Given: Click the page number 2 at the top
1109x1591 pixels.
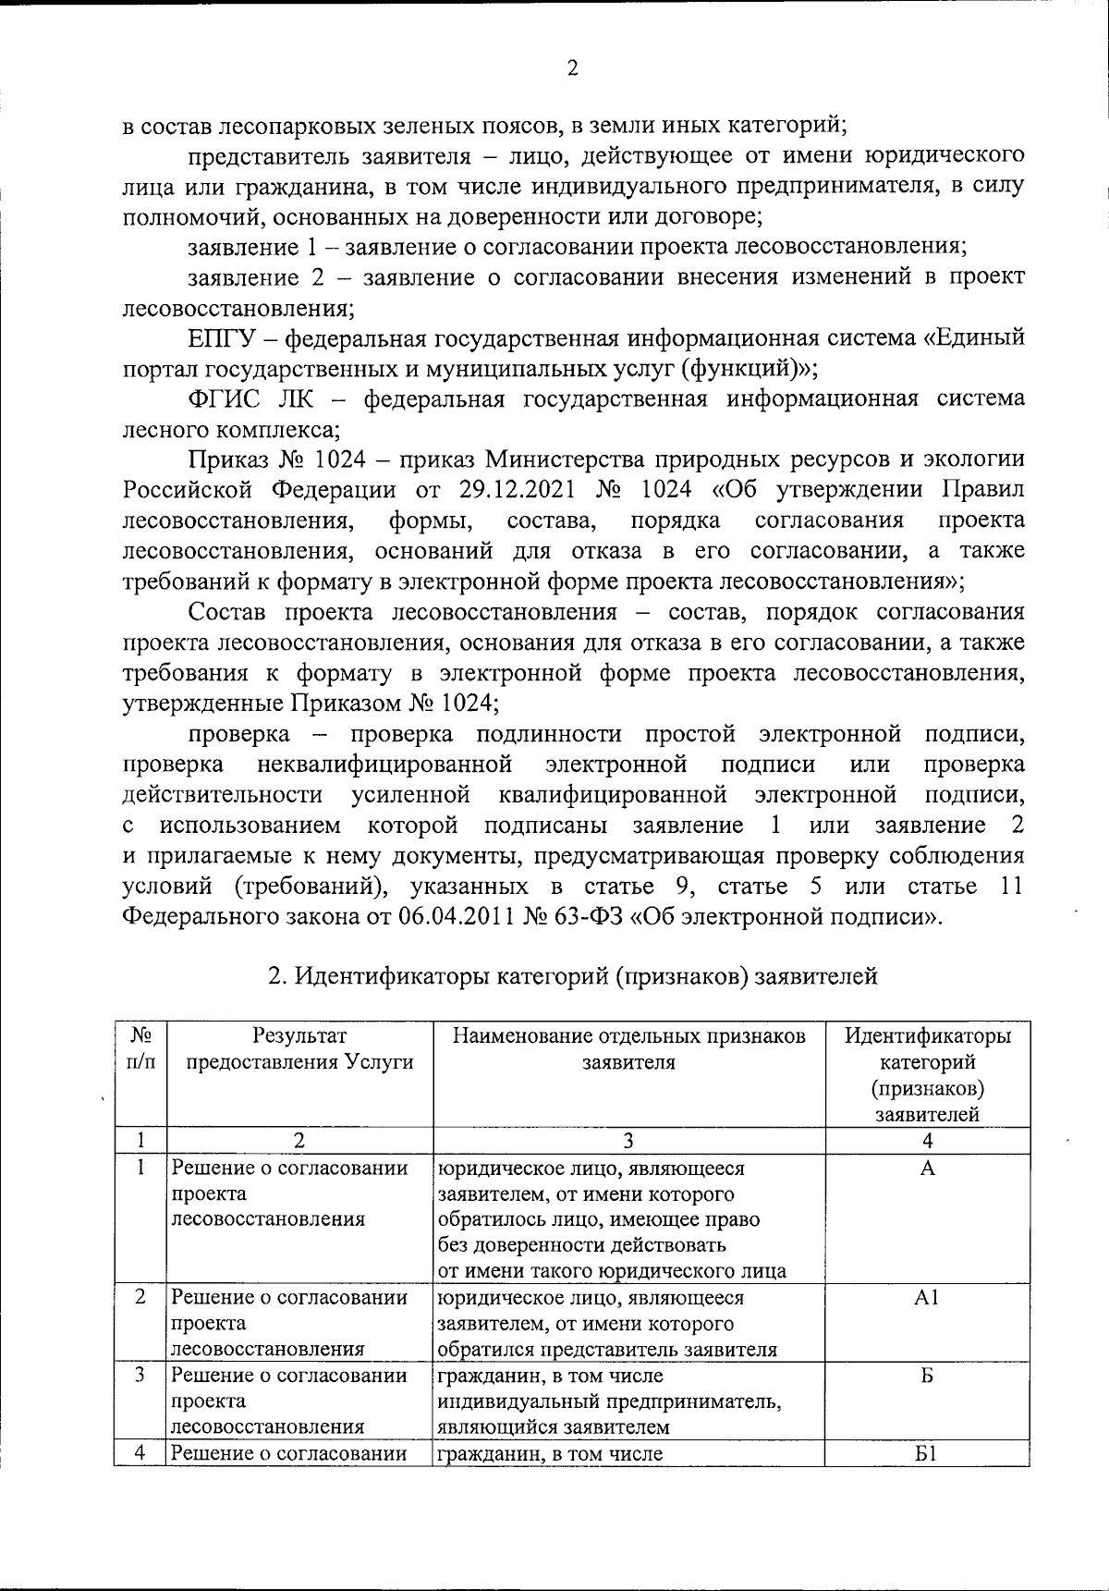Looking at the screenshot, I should tap(572, 68).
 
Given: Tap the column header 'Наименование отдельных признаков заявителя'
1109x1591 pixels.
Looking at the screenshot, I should tap(628, 1048).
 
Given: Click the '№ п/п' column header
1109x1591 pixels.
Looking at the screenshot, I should tap(140, 1048).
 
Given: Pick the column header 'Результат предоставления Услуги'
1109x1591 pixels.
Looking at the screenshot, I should tap(299, 1048).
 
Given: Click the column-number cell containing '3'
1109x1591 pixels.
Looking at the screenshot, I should tap(628, 1141).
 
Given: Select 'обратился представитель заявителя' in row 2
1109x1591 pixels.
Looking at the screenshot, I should tap(606, 1349).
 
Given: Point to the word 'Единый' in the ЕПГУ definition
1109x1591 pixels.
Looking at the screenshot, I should tap(984, 337).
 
